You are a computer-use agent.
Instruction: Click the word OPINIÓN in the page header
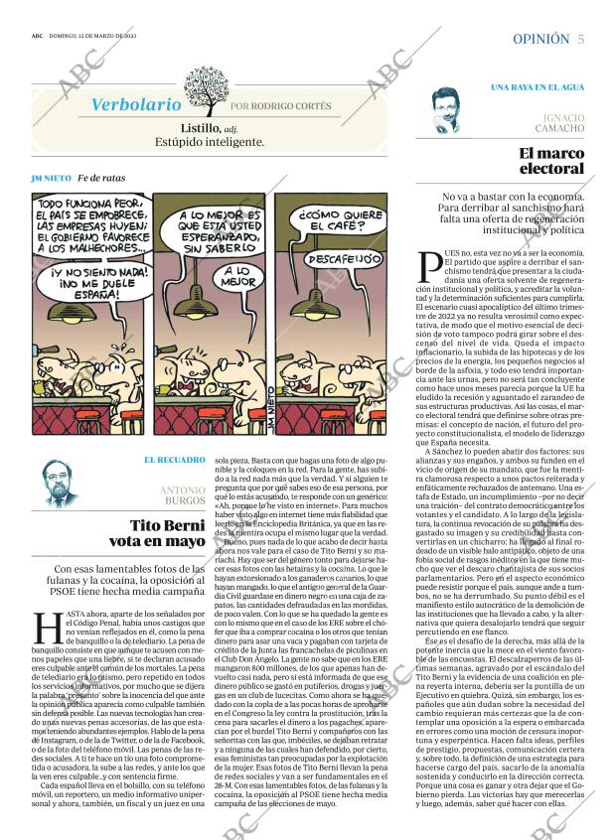tap(540, 39)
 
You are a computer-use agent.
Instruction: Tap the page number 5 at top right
tap(580, 39)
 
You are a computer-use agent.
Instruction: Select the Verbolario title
tap(136, 104)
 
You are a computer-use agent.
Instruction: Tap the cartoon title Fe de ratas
tap(102, 178)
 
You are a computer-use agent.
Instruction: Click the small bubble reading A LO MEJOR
tap(235, 277)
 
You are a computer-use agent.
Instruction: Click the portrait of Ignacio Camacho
tap(452, 110)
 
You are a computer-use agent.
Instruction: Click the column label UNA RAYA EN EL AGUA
tap(537, 87)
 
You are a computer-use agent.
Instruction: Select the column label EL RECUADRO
tap(175, 460)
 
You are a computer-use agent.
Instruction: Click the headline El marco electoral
tap(551, 161)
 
